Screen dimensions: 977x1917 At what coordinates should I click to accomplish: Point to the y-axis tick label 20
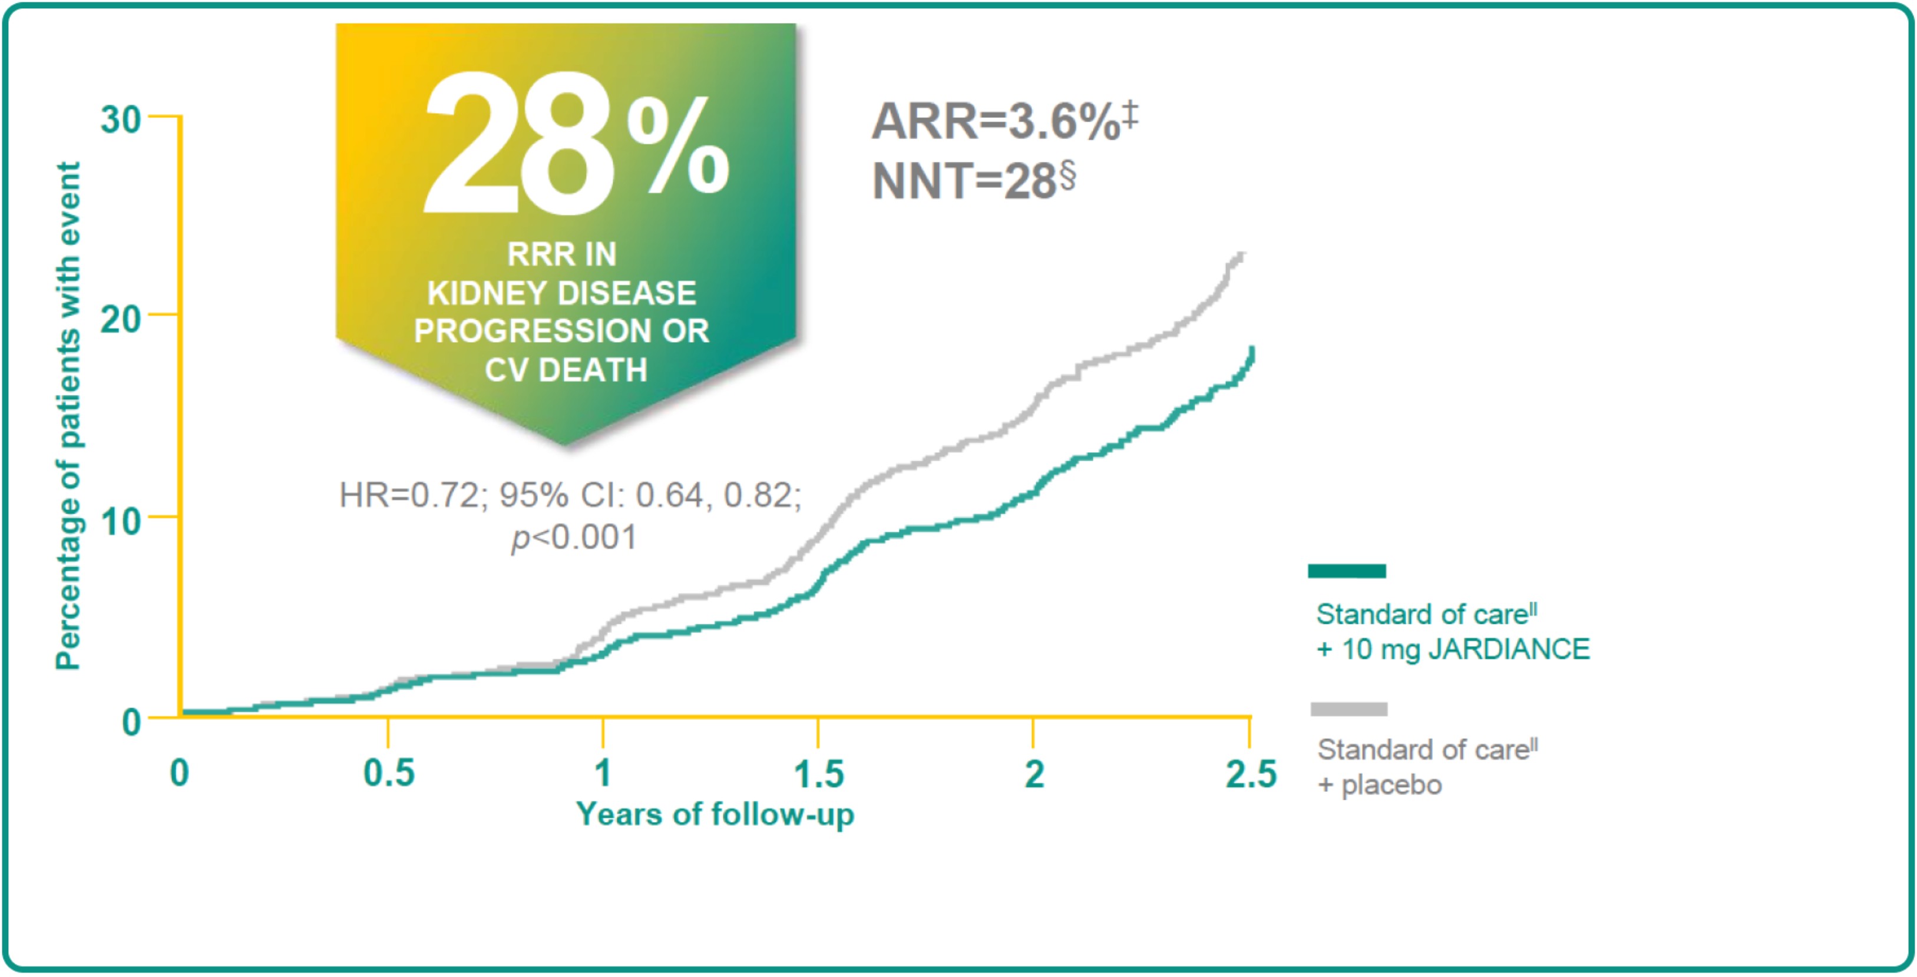pyautogui.click(x=121, y=319)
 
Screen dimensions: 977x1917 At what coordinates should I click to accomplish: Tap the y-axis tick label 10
pyautogui.click(x=121, y=522)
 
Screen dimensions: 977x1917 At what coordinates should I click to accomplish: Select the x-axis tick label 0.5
pyautogui.click(x=388, y=773)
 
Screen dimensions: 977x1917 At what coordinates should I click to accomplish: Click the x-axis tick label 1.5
pyautogui.click(x=819, y=773)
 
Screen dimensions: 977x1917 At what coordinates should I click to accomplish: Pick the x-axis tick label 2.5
pyautogui.click(x=1250, y=773)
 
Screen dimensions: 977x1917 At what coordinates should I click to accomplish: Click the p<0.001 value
pyautogui.click(x=574, y=537)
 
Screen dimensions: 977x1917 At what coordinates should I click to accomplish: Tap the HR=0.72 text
pyautogui.click(x=410, y=495)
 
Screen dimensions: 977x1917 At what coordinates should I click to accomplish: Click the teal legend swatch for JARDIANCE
pyautogui.click(x=1347, y=571)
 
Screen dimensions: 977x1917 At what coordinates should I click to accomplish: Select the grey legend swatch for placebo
pyautogui.click(x=1348, y=708)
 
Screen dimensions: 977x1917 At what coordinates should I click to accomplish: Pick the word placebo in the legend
pyautogui.click(x=1392, y=785)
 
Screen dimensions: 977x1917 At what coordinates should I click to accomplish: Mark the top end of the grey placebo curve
pyautogui.click(x=1241, y=255)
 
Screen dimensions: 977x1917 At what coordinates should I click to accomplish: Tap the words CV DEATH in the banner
pyautogui.click(x=566, y=370)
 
